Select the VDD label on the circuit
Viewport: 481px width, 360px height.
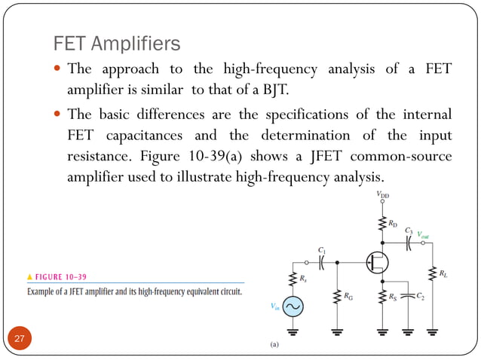pyautogui.click(x=383, y=195)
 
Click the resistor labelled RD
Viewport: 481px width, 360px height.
pyautogui.click(x=383, y=223)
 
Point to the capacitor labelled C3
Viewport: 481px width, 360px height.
pyautogui.click(x=408, y=243)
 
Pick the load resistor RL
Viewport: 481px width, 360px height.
pyautogui.click(x=433, y=274)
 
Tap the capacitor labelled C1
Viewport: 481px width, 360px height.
pyautogui.click(x=321, y=262)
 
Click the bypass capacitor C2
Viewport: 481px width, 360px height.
pyautogui.click(x=408, y=295)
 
